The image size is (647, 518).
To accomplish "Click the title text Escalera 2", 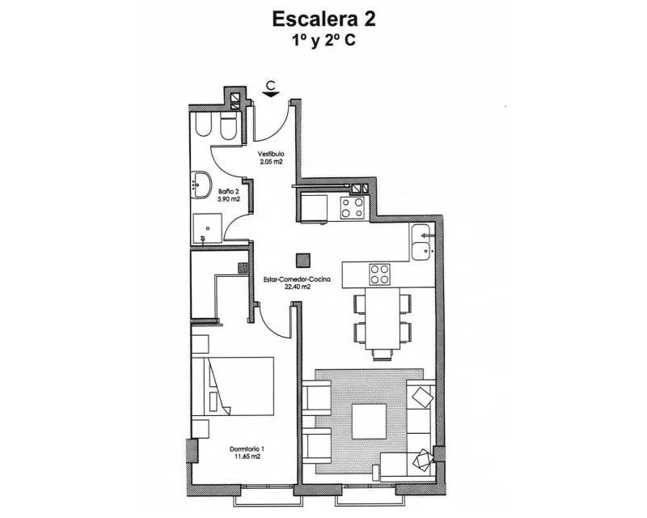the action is click(x=323, y=19).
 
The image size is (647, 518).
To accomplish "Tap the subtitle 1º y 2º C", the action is click(x=323, y=41).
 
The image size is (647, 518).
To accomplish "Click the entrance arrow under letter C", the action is click(x=270, y=94).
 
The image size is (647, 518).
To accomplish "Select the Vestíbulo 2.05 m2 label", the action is click(x=271, y=158).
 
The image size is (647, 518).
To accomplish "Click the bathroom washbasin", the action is click(x=201, y=185).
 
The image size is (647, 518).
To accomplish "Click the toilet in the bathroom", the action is click(x=229, y=125).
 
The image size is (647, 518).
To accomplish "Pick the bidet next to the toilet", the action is click(x=203, y=125).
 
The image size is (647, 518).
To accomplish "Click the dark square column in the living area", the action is click(x=303, y=261).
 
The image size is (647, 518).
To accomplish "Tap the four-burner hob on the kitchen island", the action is click(x=379, y=274).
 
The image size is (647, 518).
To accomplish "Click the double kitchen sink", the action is click(x=421, y=243).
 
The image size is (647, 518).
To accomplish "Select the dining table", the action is click(x=382, y=318).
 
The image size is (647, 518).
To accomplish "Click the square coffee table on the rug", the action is click(x=369, y=422).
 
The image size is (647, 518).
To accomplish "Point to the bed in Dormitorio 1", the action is click(x=233, y=386).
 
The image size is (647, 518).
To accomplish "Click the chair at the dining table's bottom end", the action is click(x=382, y=355).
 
